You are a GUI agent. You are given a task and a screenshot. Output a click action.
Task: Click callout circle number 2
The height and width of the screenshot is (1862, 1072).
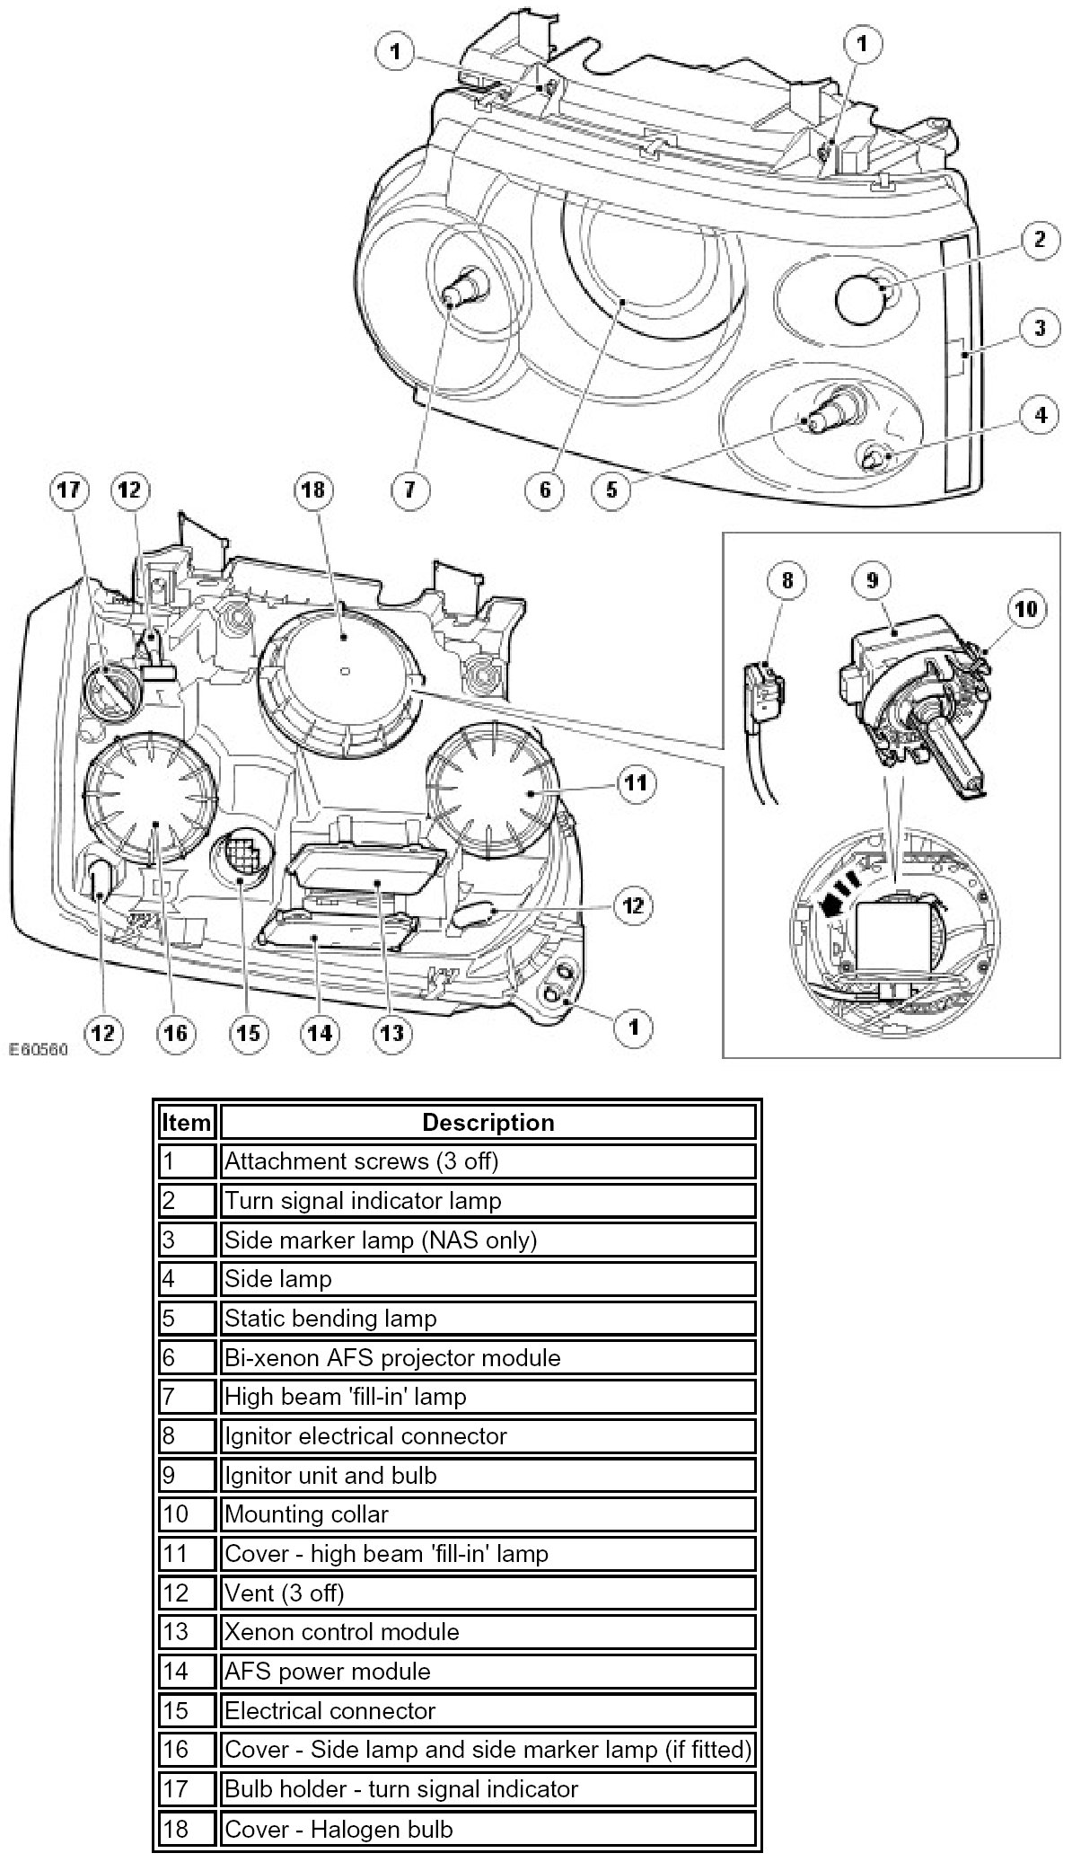coord(1039,240)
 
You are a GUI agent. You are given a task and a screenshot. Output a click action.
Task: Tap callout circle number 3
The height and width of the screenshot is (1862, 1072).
coord(1039,328)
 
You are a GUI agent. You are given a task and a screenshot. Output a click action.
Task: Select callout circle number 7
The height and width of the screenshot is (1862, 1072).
coord(410,490)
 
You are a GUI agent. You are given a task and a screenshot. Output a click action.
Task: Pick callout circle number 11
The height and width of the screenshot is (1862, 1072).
coord(635,784)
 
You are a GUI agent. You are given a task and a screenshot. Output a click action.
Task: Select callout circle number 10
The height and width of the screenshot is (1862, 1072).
coord(1026,609)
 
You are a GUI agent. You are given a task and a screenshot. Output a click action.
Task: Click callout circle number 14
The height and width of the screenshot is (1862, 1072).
coord(320,1033)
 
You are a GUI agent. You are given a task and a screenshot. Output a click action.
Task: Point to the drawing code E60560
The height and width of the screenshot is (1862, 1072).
coord(39,1048)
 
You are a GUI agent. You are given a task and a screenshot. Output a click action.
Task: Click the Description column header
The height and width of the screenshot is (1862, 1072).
coord(488,1123)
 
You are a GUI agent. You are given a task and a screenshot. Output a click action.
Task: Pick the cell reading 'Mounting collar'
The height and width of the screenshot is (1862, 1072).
coord(488,1514)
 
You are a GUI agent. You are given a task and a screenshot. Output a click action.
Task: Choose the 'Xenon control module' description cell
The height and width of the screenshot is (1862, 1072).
coord(488,1632)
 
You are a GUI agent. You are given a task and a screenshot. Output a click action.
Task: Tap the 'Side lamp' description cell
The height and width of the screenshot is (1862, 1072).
coord(488,1279)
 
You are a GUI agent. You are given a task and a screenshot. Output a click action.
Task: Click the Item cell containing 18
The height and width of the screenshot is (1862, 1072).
coord(187,1829)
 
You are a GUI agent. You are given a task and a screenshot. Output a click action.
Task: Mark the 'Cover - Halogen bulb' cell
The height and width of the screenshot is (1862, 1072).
coord(488,1829)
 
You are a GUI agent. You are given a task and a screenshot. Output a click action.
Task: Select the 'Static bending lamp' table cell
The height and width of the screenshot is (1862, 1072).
coord(488,1319)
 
